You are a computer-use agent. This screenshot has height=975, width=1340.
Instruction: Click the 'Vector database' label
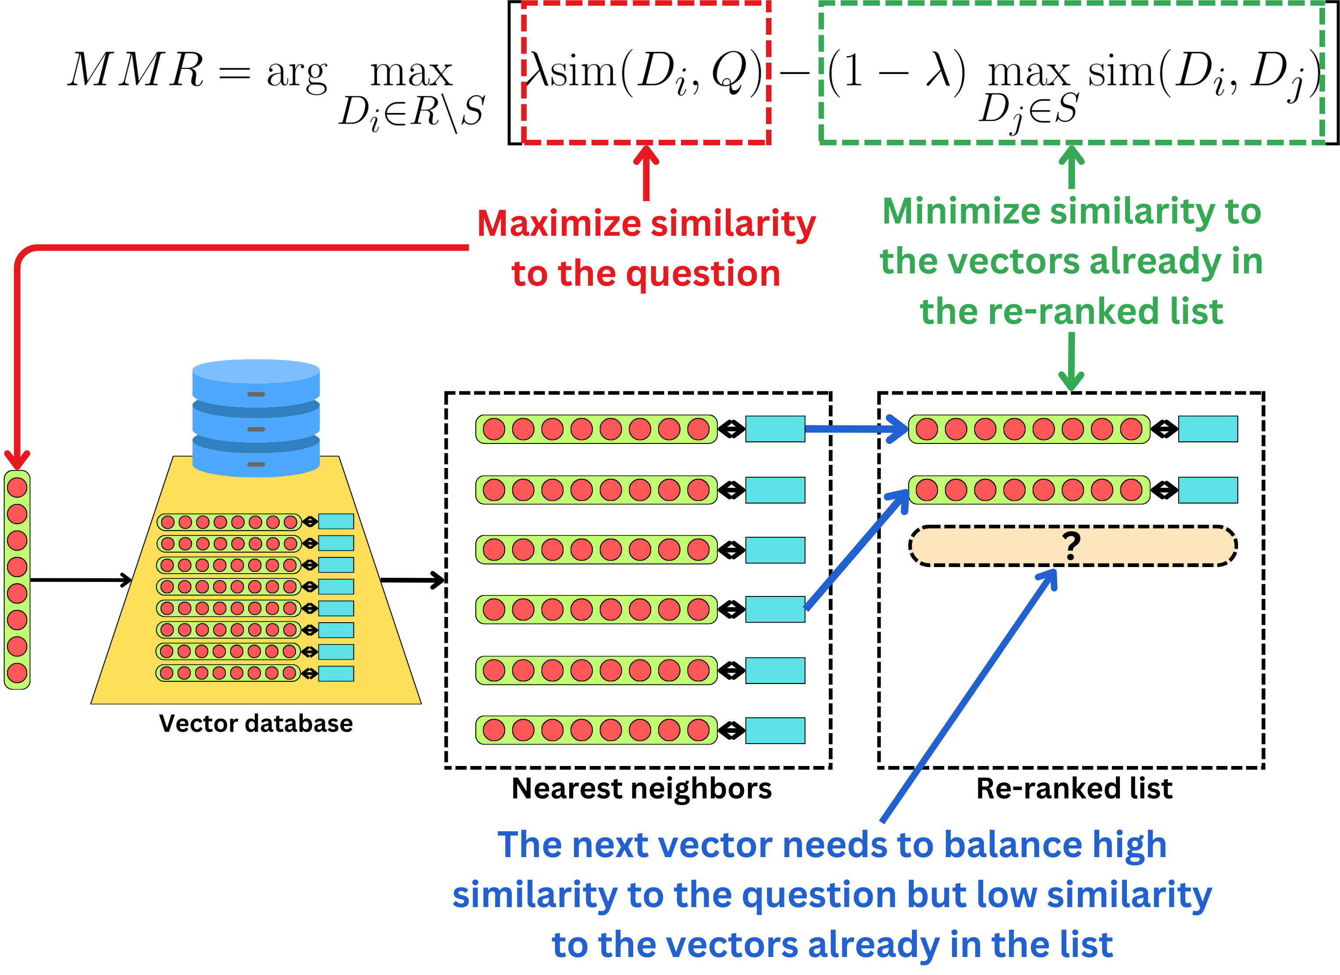click(256, 723)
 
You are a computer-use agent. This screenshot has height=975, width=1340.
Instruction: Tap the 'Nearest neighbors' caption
click(641, 788)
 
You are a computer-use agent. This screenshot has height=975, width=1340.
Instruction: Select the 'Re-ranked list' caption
click(1074, 788)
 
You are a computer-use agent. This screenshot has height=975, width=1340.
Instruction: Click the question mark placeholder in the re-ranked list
click(1072, 546)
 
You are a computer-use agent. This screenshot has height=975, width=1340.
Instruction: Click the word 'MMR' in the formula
click(136, 71)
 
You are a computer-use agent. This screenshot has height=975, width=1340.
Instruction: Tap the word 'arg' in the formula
click(296, 74)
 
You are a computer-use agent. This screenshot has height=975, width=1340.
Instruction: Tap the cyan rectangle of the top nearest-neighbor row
click(775, 429)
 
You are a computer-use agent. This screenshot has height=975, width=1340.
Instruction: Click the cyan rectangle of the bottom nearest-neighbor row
click(775, 730)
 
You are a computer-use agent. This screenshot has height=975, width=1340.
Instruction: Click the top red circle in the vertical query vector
click(17, 487)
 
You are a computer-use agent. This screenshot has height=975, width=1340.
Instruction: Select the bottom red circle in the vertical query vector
click(17, 673)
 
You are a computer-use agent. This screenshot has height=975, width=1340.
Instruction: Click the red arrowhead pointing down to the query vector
click(17, 459)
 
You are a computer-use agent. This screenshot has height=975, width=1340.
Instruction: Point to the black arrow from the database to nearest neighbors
click(413, 580)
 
